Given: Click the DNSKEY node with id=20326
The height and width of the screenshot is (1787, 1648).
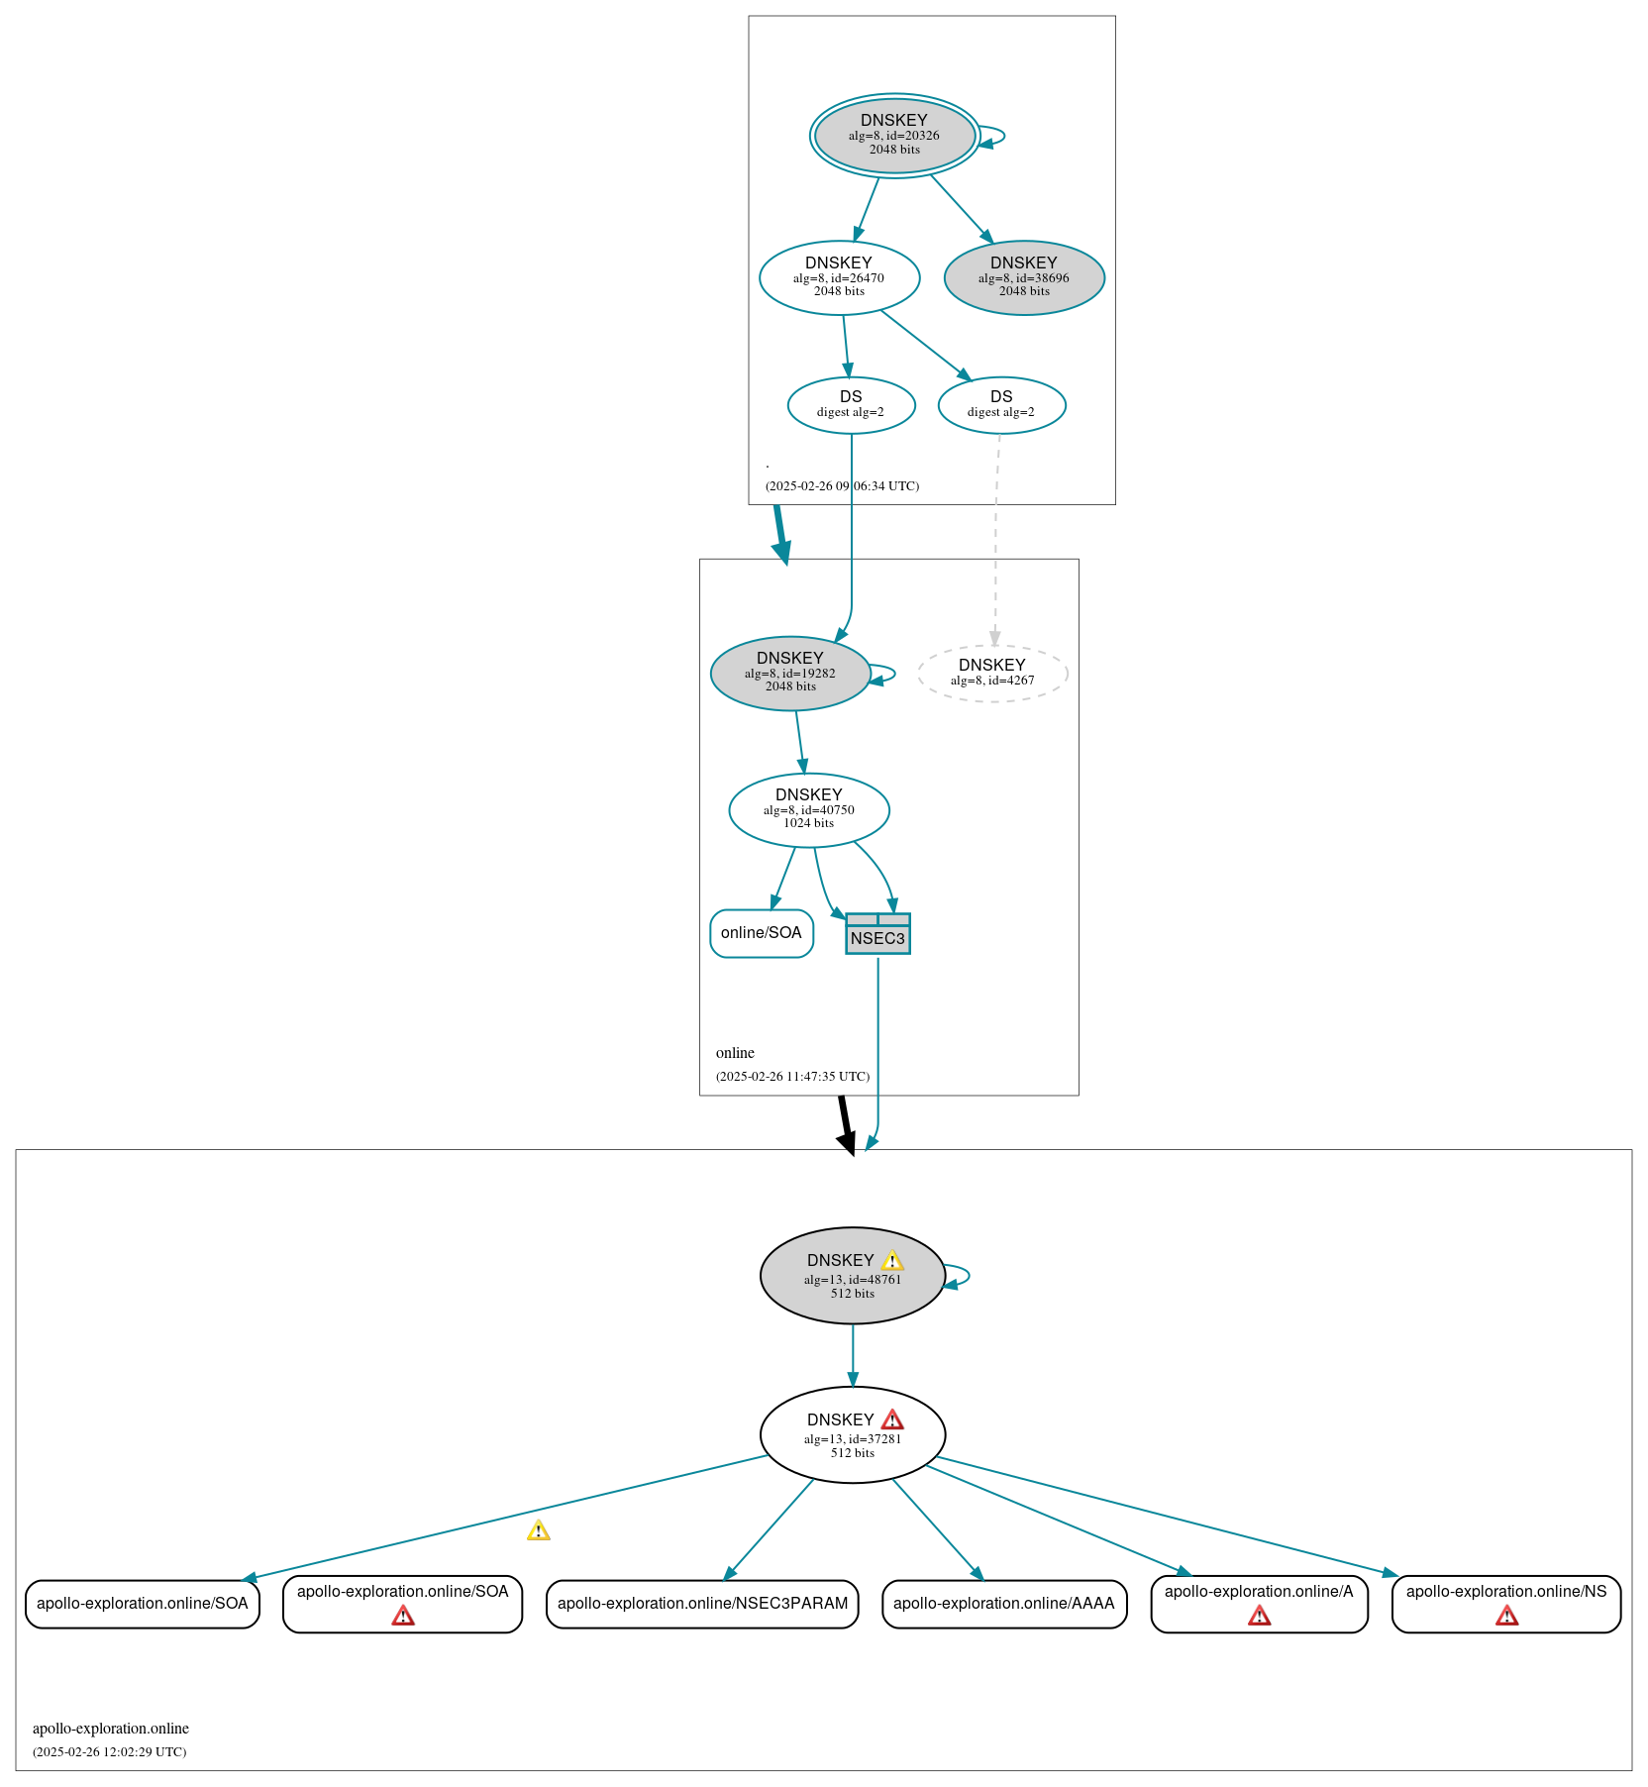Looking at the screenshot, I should [x=894, y=136].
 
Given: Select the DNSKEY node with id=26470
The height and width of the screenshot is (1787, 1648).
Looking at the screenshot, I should [x=839, y=277].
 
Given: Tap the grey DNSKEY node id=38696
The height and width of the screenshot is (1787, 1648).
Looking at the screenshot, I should [x=1024, y=277].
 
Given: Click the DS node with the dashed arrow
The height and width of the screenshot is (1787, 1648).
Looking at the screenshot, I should [x=1001, y=404].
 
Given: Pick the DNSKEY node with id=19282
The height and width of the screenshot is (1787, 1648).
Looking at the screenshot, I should [x=789, y=673].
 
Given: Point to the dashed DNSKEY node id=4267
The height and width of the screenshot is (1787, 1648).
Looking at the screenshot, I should [x=992, y=673].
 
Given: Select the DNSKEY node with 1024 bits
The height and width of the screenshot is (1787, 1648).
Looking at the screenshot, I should [x=808, y=809].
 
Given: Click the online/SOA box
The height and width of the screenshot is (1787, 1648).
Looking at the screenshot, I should [x=761, y=933].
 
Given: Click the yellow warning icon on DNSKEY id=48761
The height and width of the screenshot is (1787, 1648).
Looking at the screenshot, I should [x=892, y=1261].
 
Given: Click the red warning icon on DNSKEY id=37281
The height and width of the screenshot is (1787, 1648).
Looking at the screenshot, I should [x=892, y=1420].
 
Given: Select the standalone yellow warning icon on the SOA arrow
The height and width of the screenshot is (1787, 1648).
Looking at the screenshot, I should [x=538, y=1531].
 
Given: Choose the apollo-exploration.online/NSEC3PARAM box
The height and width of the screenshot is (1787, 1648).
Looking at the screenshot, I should [x=702, y=1604].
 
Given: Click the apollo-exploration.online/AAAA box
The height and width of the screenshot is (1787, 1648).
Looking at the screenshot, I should [x=1003, y=1604].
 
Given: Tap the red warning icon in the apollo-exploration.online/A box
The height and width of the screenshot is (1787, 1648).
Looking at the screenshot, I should [x=1259, y=1617].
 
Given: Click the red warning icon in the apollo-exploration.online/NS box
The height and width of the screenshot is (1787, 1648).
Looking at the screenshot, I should [x=1506, y=1617].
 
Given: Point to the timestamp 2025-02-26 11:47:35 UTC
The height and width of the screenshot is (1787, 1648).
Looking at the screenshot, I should [x=792, y=1077].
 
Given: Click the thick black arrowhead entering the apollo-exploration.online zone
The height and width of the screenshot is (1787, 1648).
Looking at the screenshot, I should [x=848, y=1144].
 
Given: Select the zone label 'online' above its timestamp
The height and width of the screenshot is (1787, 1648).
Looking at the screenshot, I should [x=735, y=1053].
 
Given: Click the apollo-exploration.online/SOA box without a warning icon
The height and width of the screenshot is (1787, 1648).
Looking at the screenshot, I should [x=142, y=1604].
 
